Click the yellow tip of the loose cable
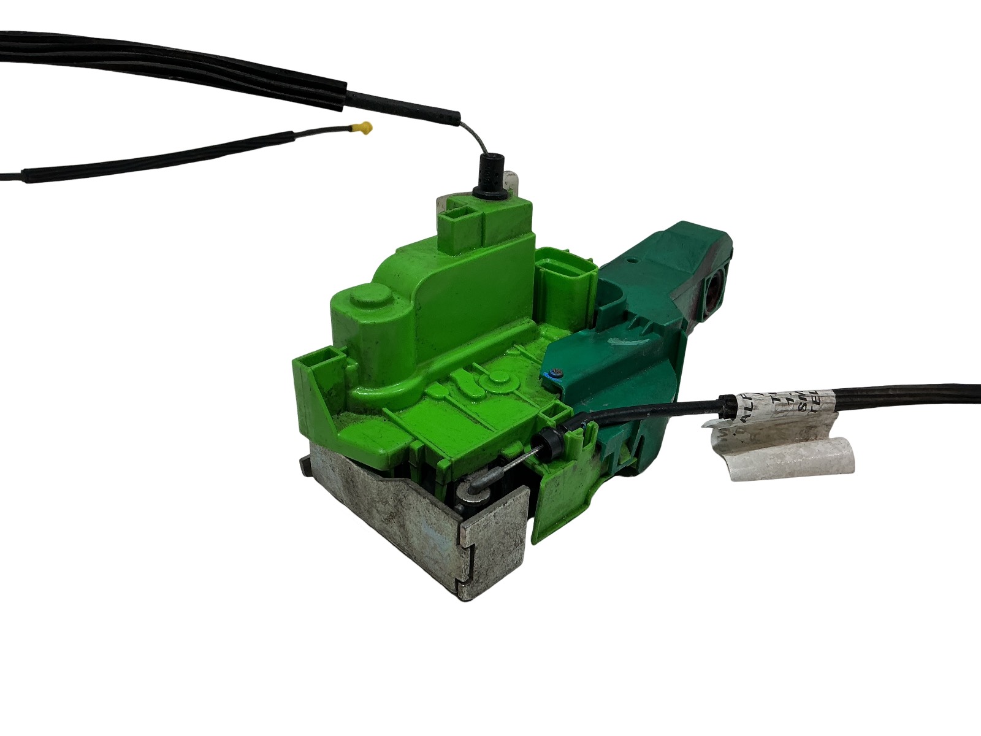[x=366, y=128]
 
